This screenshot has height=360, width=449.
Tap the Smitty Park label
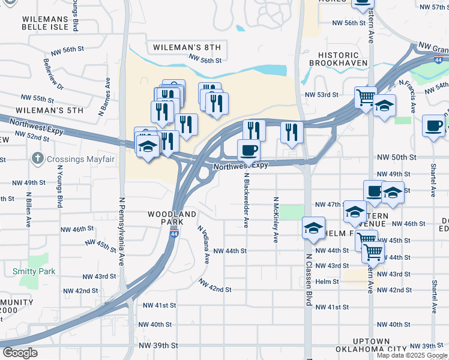tap(34, 271)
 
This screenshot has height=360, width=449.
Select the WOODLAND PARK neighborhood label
tap(173, 218)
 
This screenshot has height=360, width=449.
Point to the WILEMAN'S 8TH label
tap(187, 47)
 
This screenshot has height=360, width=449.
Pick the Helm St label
tap(328, 281)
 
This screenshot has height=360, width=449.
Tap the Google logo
tap(20, 353)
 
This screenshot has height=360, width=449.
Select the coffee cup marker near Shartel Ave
tap(433, 126)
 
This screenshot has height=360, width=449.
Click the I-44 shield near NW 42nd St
tap(173, 237)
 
